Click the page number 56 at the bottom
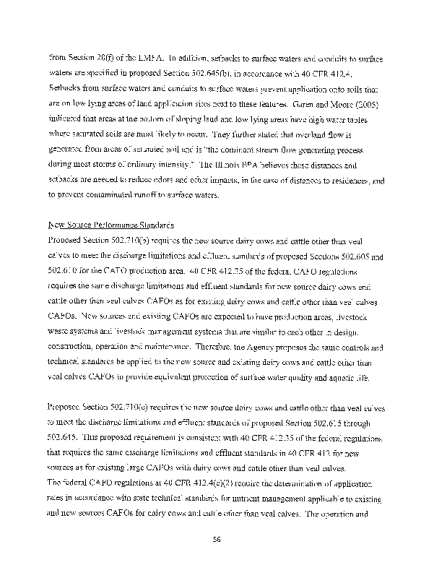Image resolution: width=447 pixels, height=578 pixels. point(223,538)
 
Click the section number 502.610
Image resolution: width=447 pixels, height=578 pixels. point(64,272)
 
